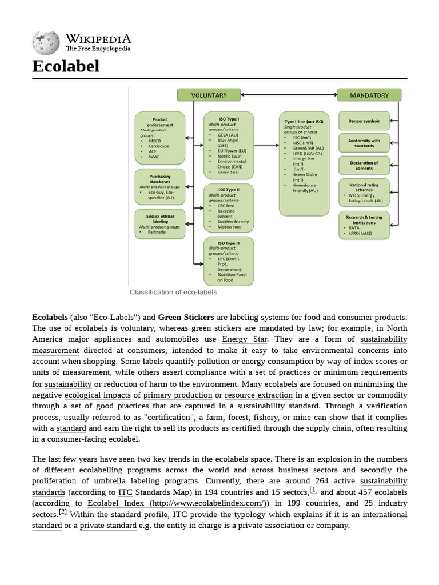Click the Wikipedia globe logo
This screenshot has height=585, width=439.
pos(46,42)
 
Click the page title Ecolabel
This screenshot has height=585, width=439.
pos(66,66)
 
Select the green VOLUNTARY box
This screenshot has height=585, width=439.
pos(208,95)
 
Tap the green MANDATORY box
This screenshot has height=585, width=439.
pos(369,95)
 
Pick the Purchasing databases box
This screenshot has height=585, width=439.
pos(159,186)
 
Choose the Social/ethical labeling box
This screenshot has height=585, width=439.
pos(159,223)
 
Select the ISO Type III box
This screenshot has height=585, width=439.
pos(228,261)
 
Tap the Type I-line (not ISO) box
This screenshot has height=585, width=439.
pos(304,163)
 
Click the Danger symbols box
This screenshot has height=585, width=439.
pos(364,121)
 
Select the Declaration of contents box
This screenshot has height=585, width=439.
pos(364,165)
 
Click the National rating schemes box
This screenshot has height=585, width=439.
pos(364,192)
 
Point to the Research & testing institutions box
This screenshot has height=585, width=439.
pos(364,225)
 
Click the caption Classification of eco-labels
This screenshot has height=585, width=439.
pos(173,292)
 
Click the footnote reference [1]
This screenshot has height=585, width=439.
pos(313,490)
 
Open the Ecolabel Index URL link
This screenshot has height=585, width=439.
pos(178,503)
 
